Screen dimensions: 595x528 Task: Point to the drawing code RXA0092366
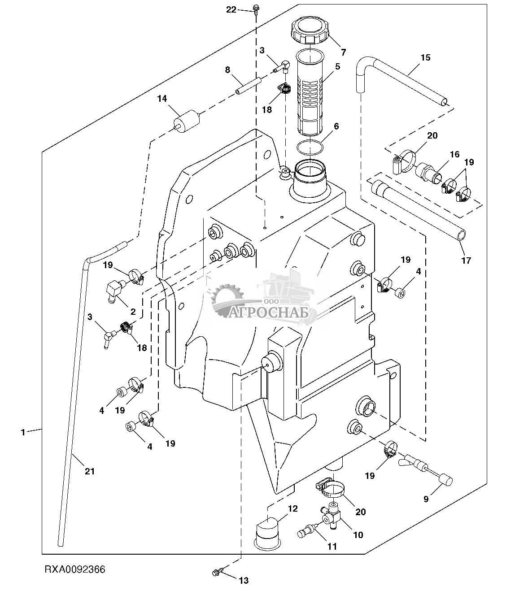(74, 569)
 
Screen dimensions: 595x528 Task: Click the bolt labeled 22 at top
(256, 8)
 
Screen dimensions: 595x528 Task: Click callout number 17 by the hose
(466, 260)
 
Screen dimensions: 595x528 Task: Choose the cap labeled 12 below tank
(268, 534)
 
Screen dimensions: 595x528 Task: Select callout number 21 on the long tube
(90, 471)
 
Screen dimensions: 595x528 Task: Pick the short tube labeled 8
(249, 86)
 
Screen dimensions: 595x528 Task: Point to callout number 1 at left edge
(22, 432)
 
